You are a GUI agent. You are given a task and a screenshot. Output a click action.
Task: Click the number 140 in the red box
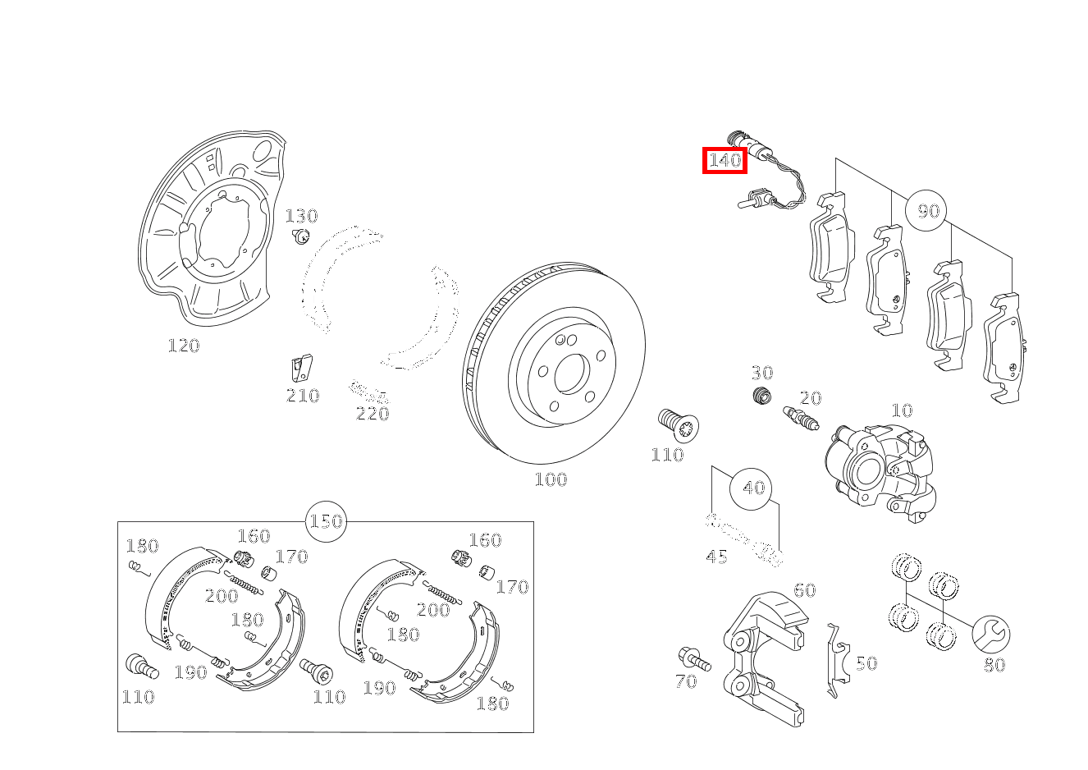coord(725,160)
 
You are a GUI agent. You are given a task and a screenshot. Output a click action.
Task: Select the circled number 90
coord(926,211)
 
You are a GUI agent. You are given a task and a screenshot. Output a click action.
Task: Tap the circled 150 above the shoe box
coord(326,521)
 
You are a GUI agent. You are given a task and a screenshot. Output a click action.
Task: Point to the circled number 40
coord(752,488)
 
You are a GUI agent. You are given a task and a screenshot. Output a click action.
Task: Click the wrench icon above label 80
coord(990,634)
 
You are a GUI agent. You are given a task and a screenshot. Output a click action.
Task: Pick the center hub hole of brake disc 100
coord(569,374)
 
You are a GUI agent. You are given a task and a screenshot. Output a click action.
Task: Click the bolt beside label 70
coord(693,658)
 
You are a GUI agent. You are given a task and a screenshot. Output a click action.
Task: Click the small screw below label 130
coord(301,237)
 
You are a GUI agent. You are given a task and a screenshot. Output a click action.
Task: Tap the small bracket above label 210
coord(302,370)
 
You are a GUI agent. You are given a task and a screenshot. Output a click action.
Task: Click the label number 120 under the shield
coord(183,346)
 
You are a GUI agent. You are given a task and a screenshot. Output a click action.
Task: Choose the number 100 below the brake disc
coord(550,479)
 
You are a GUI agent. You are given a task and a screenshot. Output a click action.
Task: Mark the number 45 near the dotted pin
coord(715,557)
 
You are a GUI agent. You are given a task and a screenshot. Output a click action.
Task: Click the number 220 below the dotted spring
coord(372,414)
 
